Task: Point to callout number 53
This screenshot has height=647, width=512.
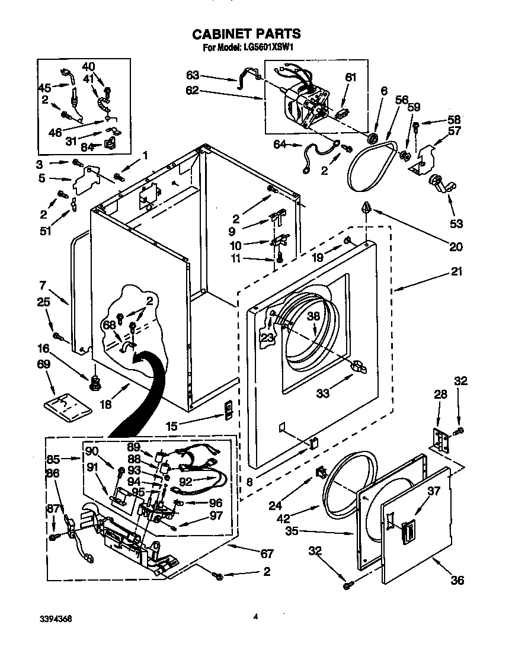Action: pos(456,224)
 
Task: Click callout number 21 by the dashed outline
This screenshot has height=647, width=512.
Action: pos(457,272)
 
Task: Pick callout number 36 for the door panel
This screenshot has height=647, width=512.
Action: pos(457,581)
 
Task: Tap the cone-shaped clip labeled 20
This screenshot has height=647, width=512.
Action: pos(367,209)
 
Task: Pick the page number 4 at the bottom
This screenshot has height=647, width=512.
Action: pos(255,617)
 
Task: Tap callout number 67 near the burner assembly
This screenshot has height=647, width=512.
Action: pos(267,553)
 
